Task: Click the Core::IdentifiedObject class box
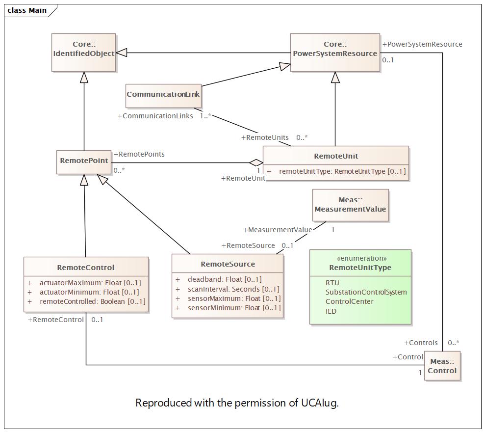(83, 53)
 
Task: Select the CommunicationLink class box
(163, 96)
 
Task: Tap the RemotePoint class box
(84, 162)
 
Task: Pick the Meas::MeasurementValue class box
(351, 205)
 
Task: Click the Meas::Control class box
(442, 366)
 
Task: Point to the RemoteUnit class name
(336, 156)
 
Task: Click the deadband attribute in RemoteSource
(225, 279)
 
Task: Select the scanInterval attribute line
(228, 289)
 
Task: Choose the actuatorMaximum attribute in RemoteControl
(84, 283)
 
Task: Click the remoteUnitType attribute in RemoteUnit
(336, 171)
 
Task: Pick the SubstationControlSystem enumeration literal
(366, 292)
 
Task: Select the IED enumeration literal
(331, 311)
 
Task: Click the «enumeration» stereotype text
(361, 258)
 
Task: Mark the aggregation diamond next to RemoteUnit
(256, 162)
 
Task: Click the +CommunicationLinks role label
(155, 116)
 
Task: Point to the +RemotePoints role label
(139, 154)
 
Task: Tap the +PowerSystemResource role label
(422, 44)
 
